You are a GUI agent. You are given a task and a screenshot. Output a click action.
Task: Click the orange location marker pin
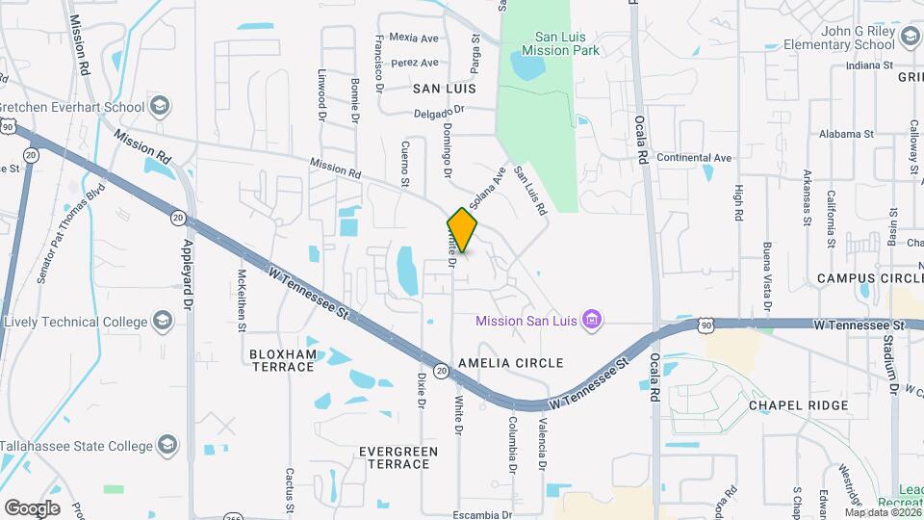tap(462, 229)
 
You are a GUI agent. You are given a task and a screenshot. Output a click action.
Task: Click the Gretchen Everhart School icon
tap(160, 106)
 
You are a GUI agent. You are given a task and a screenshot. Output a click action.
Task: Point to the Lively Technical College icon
tap(162, 321)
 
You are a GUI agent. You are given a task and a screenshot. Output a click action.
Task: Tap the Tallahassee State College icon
tap(167, 445)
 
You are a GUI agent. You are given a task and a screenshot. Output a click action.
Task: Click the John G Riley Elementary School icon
tap(910, 38)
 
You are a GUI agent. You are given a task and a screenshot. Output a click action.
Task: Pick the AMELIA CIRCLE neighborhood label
tap(510, 363)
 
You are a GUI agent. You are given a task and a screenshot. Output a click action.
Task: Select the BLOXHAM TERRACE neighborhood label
tap(283, 360)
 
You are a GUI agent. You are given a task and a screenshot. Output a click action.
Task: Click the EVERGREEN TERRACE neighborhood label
tap(398, 457)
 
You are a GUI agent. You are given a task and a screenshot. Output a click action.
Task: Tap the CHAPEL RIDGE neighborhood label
tap(799, 405)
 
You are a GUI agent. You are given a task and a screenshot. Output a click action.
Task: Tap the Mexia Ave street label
tap(414, 39)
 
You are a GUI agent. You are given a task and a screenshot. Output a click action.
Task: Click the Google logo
tap(32, 507)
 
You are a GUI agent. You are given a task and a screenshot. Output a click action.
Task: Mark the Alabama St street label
tap(847, 135)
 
